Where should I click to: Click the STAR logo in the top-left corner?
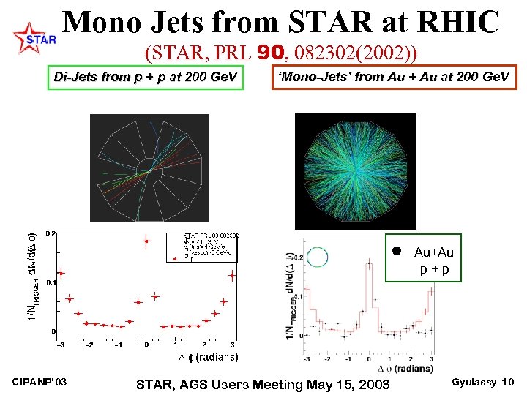pos(34,38)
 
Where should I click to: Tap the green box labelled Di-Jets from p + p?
pos(145,76)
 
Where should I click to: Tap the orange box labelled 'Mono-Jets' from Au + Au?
pos(394,76)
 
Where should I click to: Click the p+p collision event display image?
pos(147,168)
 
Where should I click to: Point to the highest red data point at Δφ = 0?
pos(146,240)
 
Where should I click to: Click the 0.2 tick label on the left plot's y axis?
pos(50,234)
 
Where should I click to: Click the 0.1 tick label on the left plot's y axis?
pos(50,282)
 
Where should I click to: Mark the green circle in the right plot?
pos(318,256)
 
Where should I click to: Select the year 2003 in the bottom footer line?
pos(372,384)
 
